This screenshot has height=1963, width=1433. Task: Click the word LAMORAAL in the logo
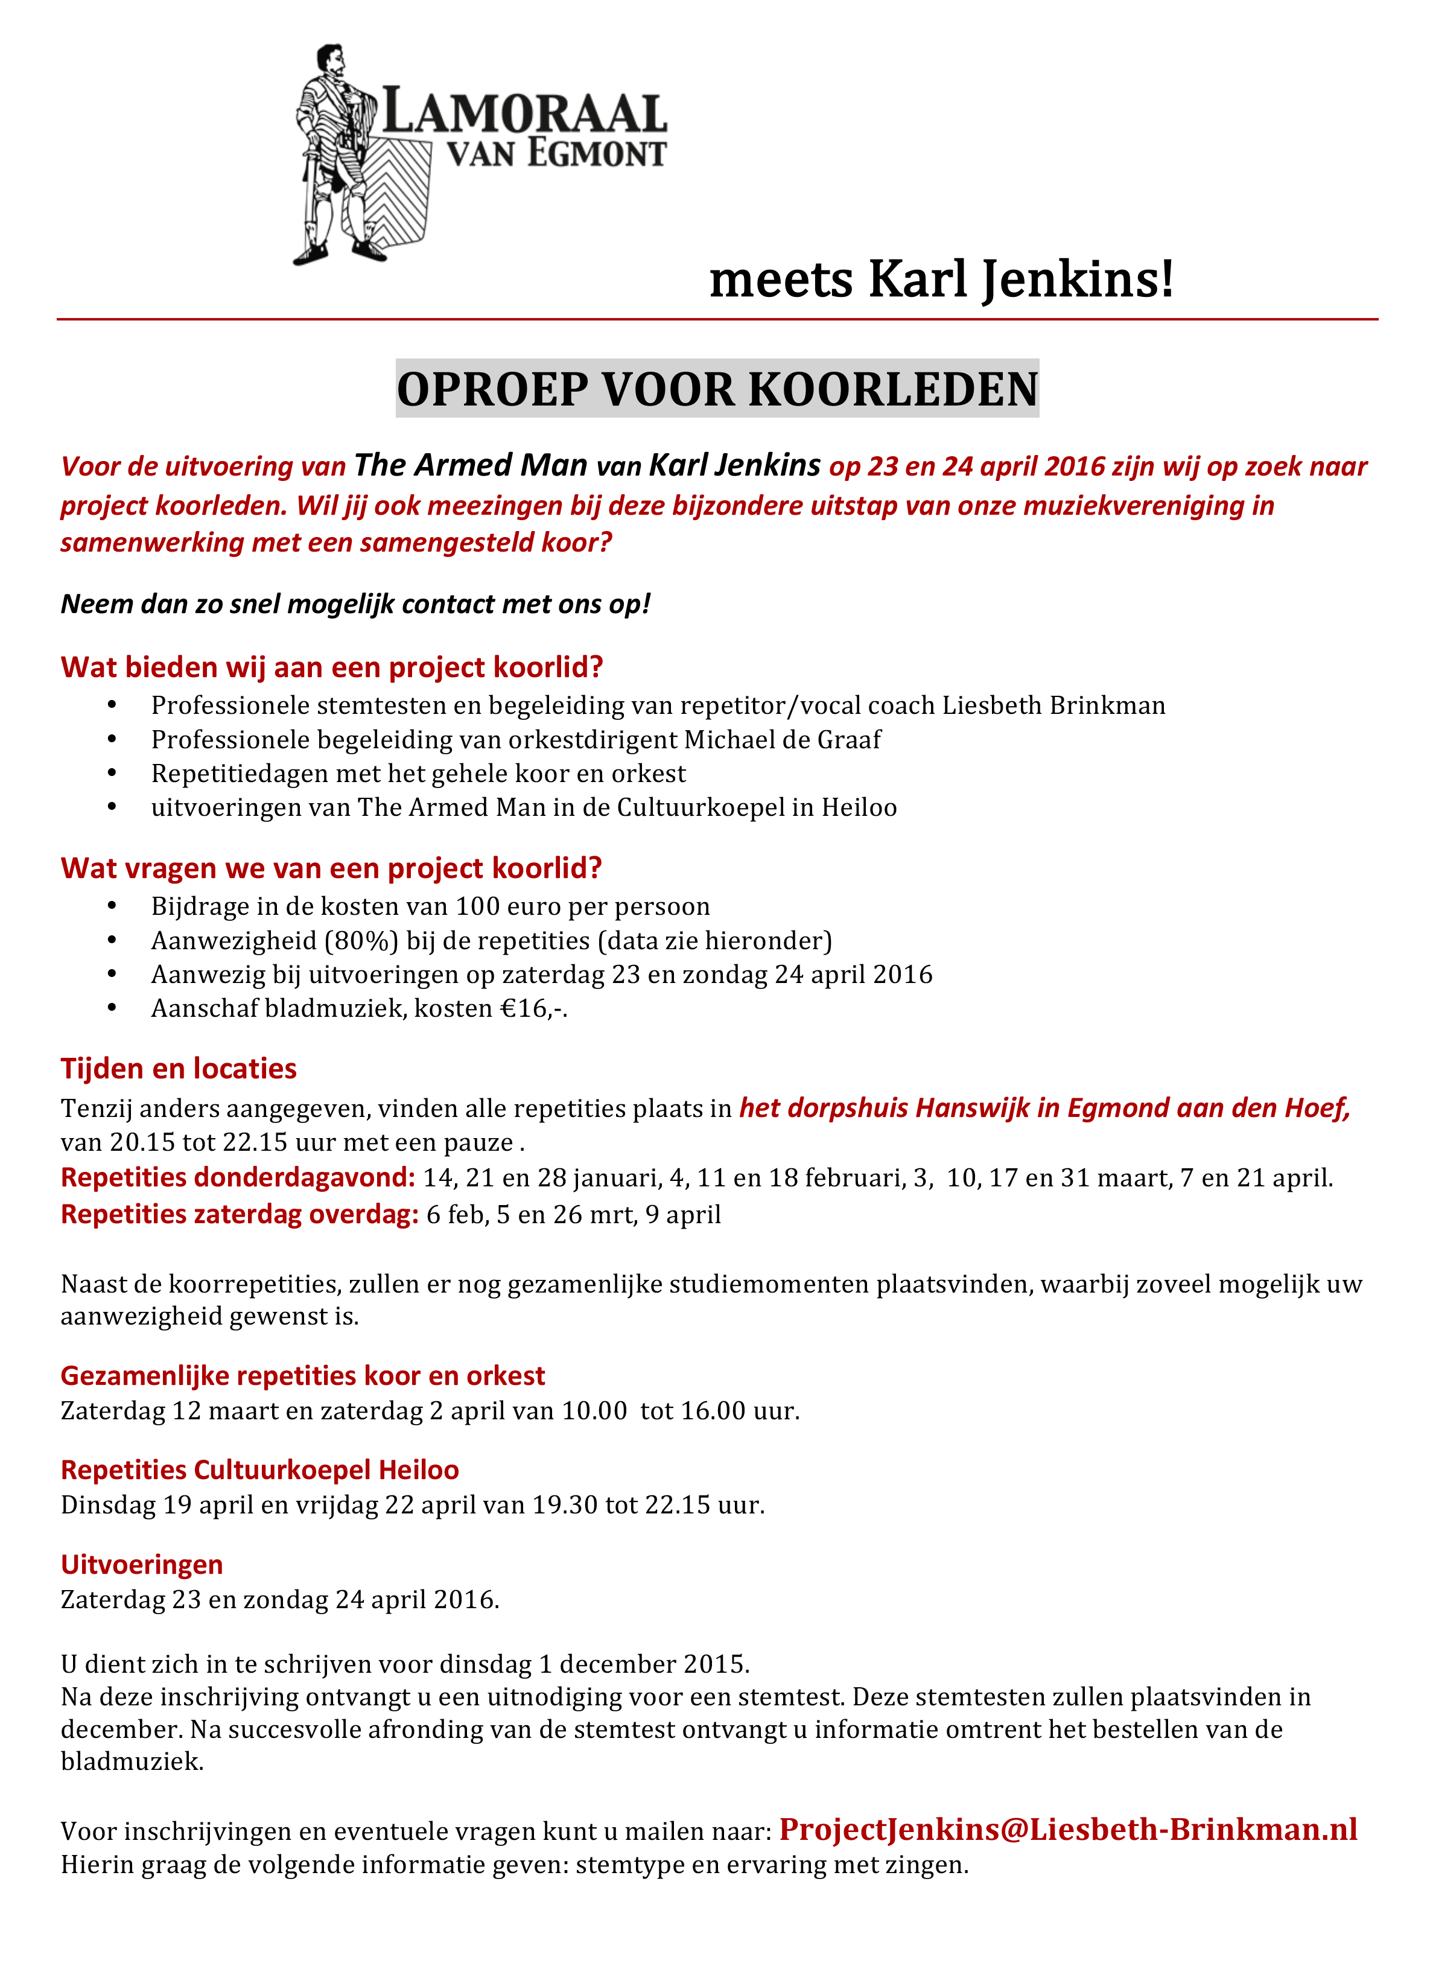(525, 113)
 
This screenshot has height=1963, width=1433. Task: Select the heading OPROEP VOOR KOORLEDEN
(717, 389)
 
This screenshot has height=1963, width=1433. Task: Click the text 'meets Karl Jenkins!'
(941, 279)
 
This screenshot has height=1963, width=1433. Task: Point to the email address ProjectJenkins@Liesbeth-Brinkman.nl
(1068, 1830)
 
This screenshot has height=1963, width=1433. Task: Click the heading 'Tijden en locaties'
(179, 1069)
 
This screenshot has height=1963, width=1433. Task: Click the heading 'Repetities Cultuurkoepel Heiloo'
(260, 1469)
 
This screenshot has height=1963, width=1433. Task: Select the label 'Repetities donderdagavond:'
(238, 1178)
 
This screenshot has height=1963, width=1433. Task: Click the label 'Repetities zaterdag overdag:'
(240, 1214)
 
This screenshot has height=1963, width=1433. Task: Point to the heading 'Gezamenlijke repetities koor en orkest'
(303, 1376)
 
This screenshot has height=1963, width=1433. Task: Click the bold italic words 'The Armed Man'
(471, 466)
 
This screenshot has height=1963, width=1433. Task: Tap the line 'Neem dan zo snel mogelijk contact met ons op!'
(355, 603)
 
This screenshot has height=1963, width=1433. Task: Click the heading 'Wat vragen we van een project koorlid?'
(331, 868)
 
